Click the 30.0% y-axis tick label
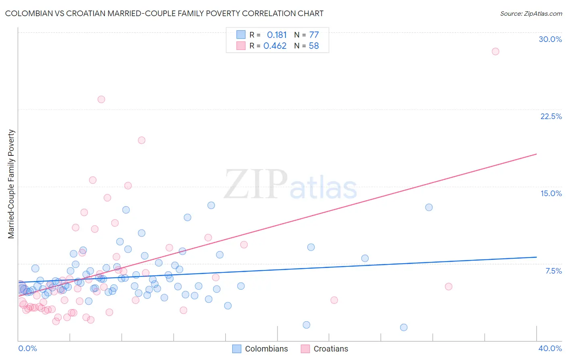coord(550,39)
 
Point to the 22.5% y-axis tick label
coord(551,116)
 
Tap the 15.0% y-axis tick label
coord(551,193)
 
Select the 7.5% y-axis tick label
coord(553,271)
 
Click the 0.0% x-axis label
coord(27,348)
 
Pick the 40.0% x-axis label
coord(550,348)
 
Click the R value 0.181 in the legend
coord(277,35)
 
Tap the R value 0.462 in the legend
coord(275,46)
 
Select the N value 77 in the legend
coord(314,35)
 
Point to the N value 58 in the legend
coord(314,46)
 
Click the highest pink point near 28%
coord(495,51)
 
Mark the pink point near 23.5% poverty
coord(101,99)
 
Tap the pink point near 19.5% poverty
coord(142,140)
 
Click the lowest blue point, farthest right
coord(404,327)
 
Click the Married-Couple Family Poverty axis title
coord(11,184)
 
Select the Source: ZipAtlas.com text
coord(531,14)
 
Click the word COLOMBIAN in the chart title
coord(31,14)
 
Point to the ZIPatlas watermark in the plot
coord(290,185)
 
